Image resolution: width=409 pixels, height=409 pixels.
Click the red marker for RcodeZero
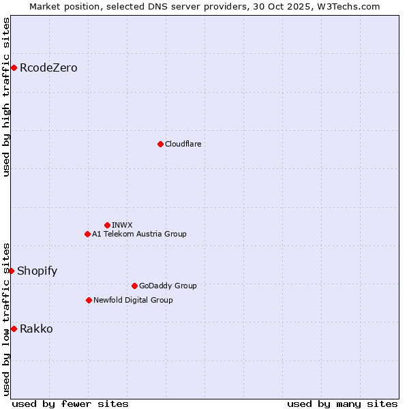click(14, 67)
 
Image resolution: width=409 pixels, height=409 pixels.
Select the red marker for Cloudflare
click(160, 144)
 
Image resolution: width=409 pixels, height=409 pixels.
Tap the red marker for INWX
click(107, 225)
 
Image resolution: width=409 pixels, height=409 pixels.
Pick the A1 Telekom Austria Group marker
click(87, 234)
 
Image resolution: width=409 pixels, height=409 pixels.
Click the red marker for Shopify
click(11, 271)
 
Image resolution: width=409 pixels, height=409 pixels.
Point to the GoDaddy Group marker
click(134, 286)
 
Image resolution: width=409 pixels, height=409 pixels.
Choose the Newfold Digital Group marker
click(89, 300)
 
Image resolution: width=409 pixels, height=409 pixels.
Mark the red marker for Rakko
click(14, 329)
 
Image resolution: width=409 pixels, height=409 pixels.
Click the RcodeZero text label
click(48, 67)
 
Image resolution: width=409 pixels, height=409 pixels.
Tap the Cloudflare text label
click(183, 144)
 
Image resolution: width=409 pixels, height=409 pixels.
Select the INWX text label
click(122, 225)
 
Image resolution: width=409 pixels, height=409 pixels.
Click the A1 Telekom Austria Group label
click(139, 234)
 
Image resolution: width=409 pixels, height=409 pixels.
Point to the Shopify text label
click(37, 271)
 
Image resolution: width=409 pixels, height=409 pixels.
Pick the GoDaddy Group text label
click(168, 286)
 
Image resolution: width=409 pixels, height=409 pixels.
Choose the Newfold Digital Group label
click(133, 300)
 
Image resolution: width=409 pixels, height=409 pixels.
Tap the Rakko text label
click(36, 329)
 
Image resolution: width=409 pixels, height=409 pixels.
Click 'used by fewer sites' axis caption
click(70, 404)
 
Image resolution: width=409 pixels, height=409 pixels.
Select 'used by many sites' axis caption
click(342, 404)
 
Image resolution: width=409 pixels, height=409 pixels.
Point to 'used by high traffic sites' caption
click(6, 97)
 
